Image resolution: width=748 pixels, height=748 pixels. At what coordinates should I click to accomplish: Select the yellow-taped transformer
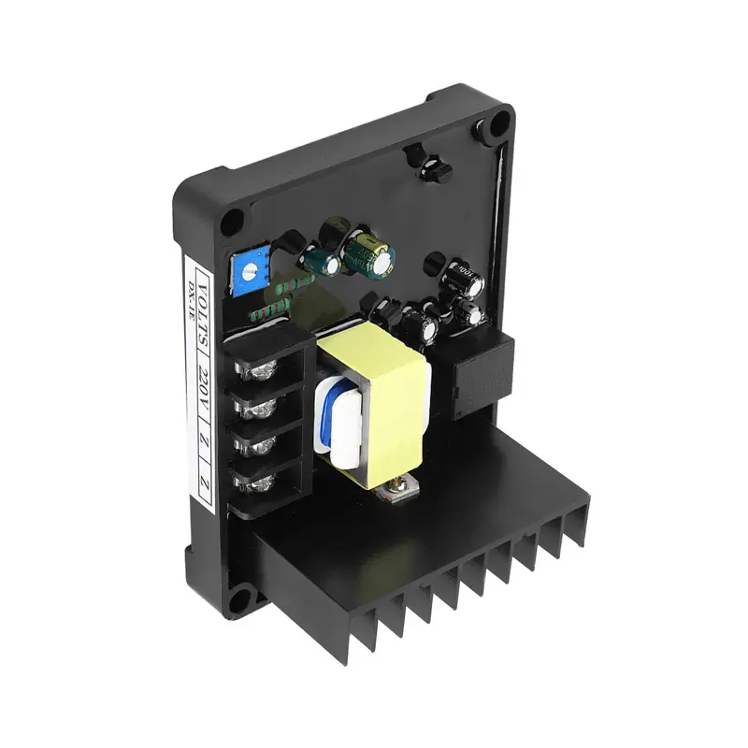375,402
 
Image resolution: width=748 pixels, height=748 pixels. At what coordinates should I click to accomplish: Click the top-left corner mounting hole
232,222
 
